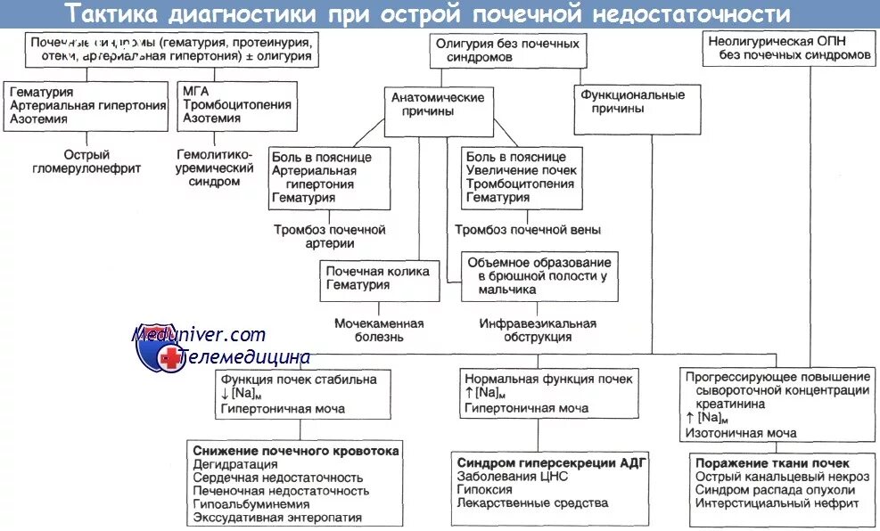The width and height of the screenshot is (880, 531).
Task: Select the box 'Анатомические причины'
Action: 438,104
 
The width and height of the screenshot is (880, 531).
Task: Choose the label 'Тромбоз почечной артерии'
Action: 329,236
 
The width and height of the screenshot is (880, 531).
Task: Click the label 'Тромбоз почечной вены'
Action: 528,230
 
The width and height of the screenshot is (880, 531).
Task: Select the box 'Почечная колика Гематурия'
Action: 378,279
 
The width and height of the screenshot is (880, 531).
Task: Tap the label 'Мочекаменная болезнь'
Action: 379,331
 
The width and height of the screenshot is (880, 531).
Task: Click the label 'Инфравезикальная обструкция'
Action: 538,331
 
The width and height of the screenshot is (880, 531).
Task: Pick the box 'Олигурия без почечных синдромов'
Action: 506,50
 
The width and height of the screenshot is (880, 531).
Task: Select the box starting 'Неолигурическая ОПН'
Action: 788,48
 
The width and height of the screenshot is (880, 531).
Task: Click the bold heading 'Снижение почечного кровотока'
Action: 295,450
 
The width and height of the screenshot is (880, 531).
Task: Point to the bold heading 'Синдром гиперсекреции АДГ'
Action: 551,462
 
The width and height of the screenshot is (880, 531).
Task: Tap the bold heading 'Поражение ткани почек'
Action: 772,463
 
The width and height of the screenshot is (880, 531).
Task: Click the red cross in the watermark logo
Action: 168,358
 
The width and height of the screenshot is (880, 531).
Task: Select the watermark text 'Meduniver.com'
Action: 199,335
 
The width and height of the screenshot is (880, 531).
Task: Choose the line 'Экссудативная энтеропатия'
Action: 277,517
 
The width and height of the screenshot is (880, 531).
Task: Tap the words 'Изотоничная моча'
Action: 741,433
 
